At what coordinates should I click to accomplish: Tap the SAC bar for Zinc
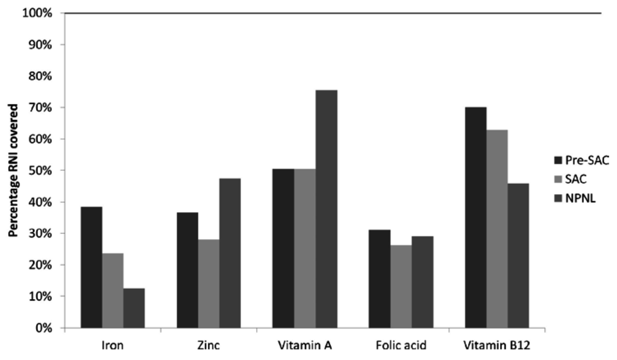[x=208, y=283]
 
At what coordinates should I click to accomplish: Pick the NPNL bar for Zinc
[x=230, y=253]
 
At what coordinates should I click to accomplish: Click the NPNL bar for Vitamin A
[x=326, y=209]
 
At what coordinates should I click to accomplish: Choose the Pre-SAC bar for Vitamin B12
[x=475, y=217]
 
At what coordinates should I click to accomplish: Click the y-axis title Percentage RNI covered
[x=13, y=171]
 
